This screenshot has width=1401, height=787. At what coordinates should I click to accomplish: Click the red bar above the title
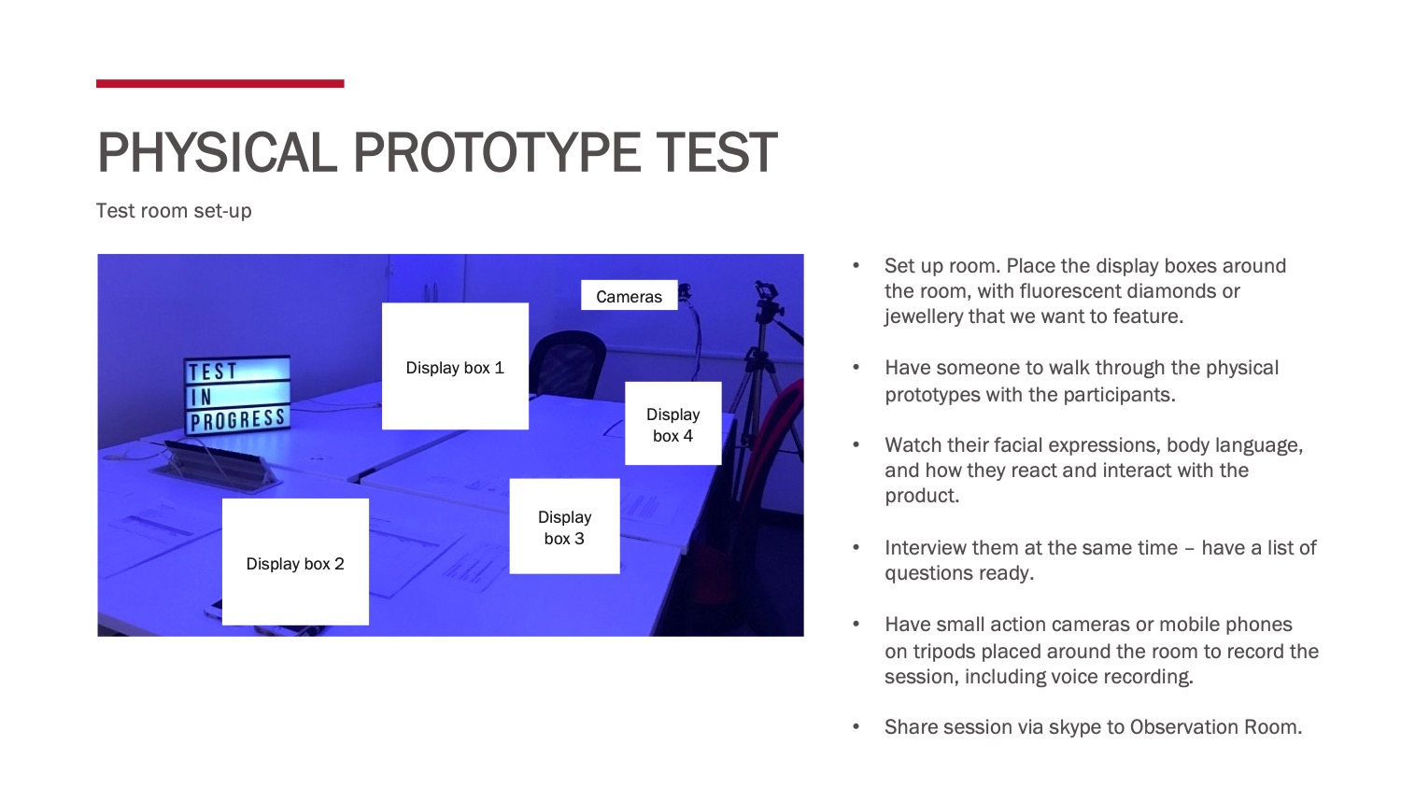(220, 84)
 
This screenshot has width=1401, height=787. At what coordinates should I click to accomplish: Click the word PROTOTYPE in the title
(497, 152)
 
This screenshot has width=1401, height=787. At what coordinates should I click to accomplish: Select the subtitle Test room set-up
(174, 211)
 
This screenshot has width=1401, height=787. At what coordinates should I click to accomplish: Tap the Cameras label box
(630, 295)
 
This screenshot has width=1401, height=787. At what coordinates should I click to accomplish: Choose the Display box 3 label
(565, 527)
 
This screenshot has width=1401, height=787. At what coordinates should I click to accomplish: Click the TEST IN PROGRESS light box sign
(237, 395)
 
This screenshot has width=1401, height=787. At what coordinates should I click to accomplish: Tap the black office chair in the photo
(567, 362)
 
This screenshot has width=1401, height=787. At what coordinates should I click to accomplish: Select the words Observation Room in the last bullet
(1215, 727)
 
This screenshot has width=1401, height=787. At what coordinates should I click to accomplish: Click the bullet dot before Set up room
(856, 266)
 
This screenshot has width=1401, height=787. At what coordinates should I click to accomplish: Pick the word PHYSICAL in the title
(218, 152)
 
